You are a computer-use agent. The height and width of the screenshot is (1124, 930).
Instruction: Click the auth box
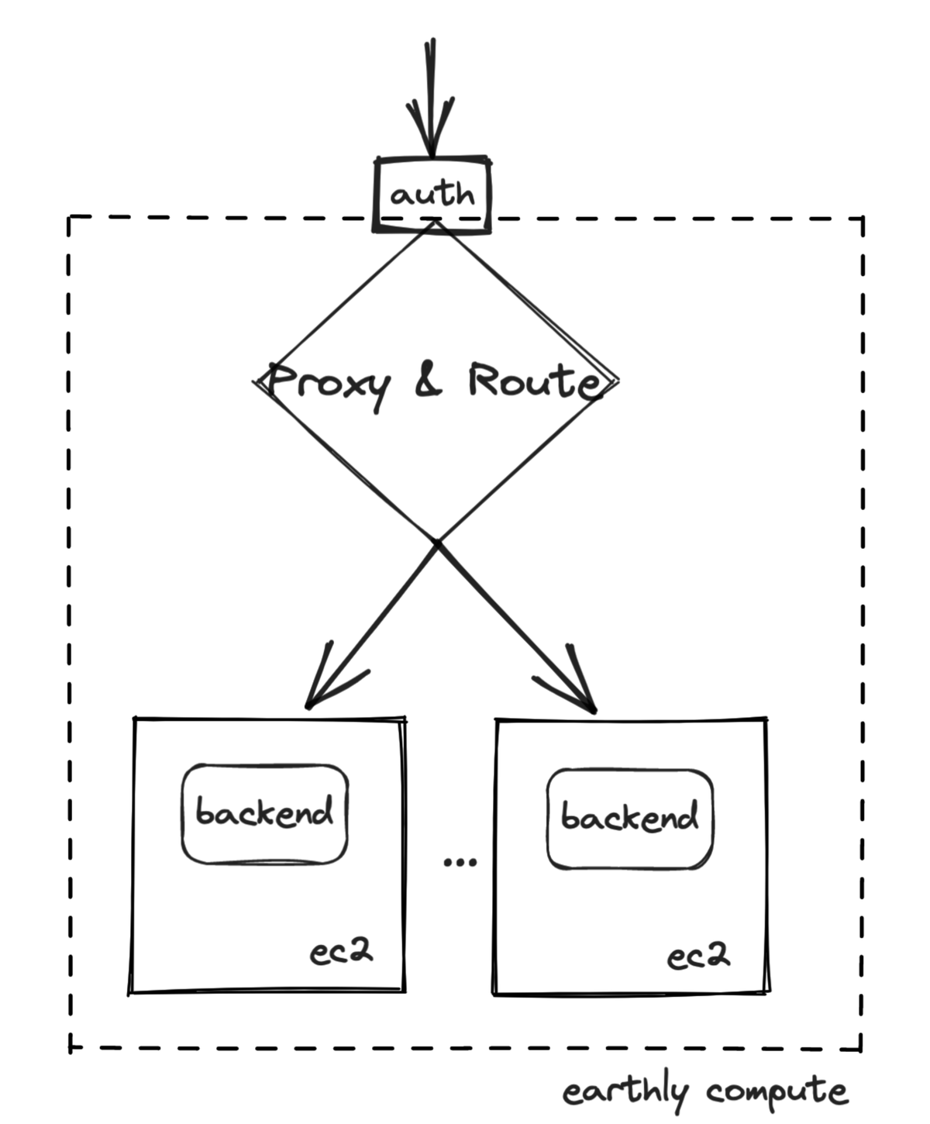(432, 194)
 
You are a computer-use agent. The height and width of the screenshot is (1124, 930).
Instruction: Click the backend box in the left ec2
(264, 814)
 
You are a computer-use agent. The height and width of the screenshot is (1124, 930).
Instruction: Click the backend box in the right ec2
(629, 819)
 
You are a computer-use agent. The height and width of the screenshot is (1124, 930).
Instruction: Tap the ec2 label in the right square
(698, 957)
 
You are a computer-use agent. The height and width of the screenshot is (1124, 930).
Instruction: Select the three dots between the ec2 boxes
(460, 861)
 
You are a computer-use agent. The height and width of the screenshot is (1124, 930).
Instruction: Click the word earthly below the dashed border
(625, 1092)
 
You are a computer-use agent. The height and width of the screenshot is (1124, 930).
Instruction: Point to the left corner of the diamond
(257, 381)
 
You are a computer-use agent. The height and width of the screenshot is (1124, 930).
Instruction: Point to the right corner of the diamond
(617, 381)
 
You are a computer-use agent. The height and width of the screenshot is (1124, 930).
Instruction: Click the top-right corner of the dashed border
(862, 219)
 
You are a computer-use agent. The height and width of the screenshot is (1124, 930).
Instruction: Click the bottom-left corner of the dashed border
(71, 1049)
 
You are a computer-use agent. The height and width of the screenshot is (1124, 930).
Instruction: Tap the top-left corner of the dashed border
(70, 217)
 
